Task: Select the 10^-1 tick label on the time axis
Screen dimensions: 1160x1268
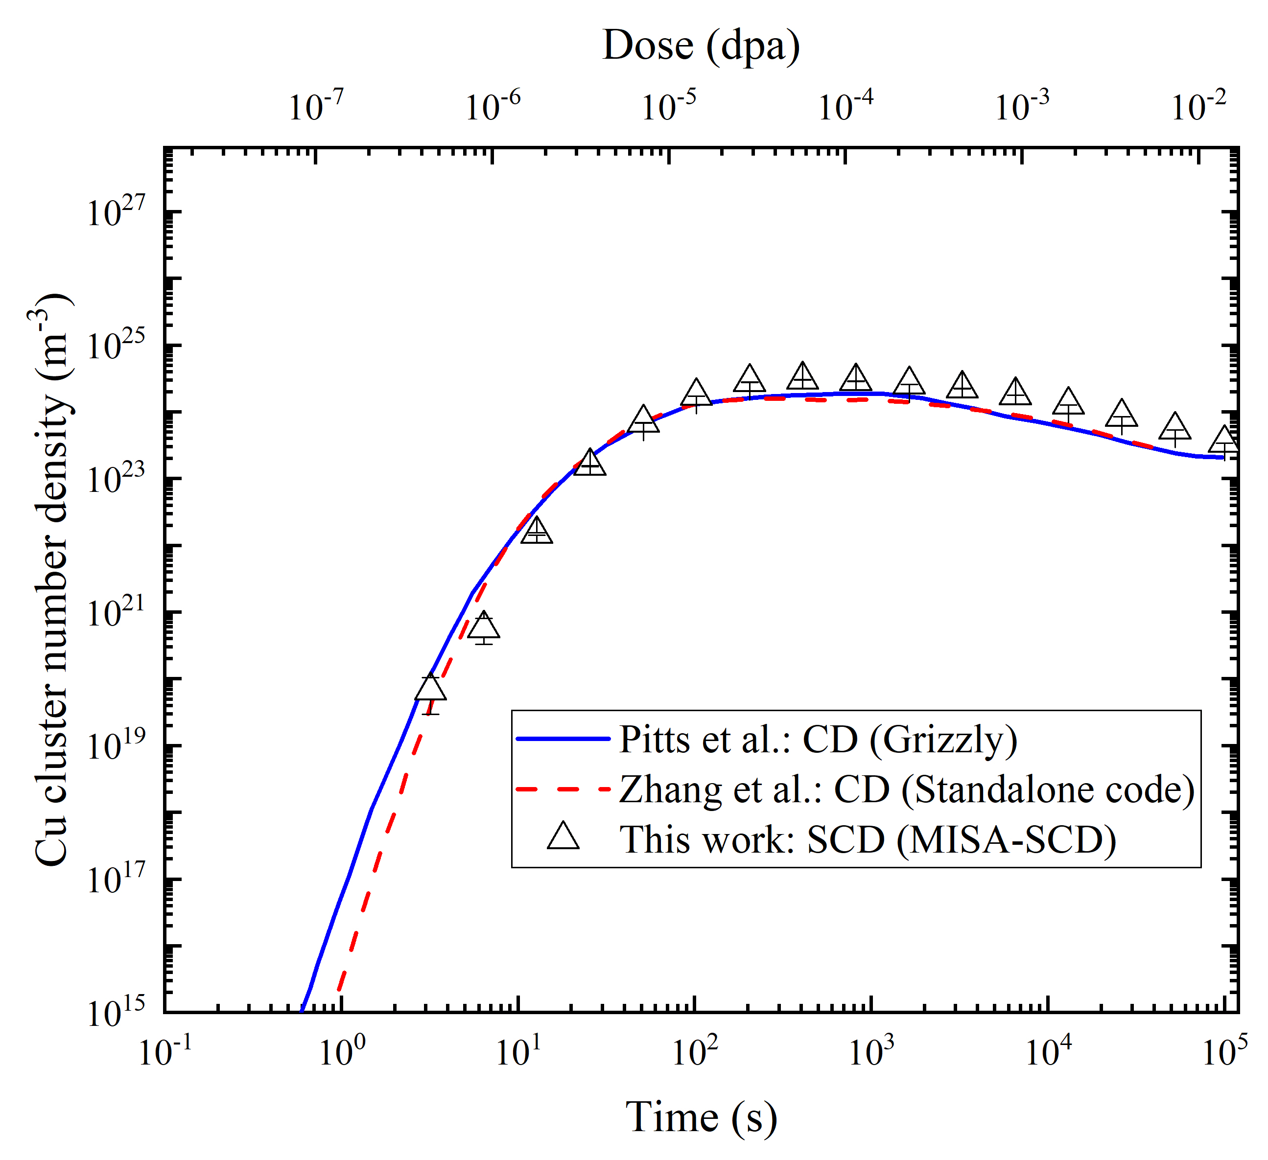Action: coord(165,1052)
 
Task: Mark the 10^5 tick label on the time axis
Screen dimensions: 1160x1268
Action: coord(1224,1052)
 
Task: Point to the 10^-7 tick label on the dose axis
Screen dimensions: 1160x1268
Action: coord(316,106)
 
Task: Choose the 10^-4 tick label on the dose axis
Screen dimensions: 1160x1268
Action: coord(845,106)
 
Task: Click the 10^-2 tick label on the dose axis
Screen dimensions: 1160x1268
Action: coord(1198,106)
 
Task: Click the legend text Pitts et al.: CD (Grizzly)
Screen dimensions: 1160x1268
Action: coord(818,740)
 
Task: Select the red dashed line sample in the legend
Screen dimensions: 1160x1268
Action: coord(563,789)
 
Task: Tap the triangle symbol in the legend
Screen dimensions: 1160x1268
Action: coord(563,838)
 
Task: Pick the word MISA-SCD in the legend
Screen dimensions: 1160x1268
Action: coord(1007,839)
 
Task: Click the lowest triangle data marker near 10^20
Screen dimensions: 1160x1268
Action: coord(431,689)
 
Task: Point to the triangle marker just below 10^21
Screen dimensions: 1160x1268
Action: coord(484,626)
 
